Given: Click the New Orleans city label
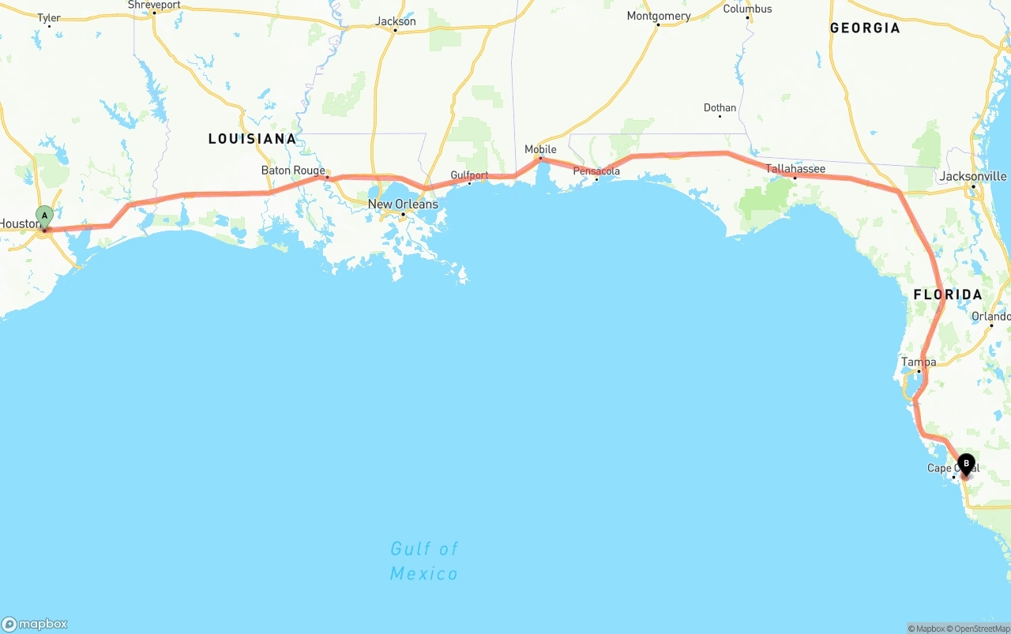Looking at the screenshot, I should (x=403, y=204).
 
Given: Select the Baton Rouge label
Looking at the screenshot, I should (x=293, y=171).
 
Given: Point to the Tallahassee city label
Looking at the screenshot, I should (x=795, y=169).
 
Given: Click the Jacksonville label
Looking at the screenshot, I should (x=973, y=176).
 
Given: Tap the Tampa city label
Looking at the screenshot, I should (x=919, y=362).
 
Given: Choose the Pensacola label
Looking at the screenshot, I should (x=596, y=171).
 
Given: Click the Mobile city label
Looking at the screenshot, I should (x=540, y=149).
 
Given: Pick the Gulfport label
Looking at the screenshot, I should (x=469, y=175).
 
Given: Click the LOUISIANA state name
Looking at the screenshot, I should (x=252, y=139).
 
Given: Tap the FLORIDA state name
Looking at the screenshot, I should (x=948, y=294).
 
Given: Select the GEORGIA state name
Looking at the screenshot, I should (x=865, y=28).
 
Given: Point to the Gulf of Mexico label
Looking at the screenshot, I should (x=424, y=561).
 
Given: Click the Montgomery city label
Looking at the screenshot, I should (x=658, y=16).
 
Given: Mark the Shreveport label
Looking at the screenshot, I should (x=154, y=5).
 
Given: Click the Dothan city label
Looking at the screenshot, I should (x=720, y=108).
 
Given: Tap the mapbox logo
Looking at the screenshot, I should (x=35, y=624).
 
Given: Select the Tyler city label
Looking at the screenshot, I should (x=49, y=18).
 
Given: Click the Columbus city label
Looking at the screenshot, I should (x=747, y=9).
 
